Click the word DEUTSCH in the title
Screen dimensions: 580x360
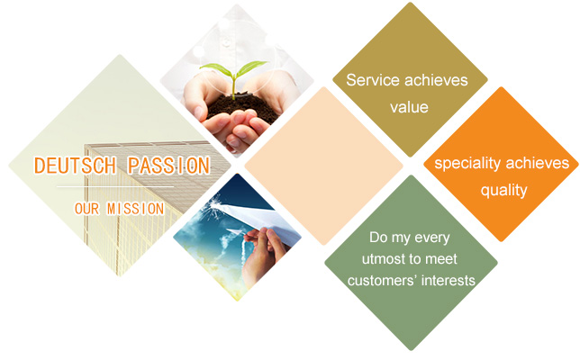point(75,166)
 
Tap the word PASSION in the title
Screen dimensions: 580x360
point(169,166)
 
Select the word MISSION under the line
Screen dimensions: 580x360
point(135,209)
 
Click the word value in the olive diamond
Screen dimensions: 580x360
point(409,108)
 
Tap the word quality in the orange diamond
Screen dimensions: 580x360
point(503,191)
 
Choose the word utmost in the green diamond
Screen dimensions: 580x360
point(383,258)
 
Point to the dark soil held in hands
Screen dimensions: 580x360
point(242,107)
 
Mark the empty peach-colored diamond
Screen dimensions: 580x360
point(323,166)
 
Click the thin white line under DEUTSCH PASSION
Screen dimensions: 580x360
point(115,187)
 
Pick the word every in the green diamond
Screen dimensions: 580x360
point(432,238)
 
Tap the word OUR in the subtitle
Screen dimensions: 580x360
point(87,209)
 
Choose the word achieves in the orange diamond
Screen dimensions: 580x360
point(537,163)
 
